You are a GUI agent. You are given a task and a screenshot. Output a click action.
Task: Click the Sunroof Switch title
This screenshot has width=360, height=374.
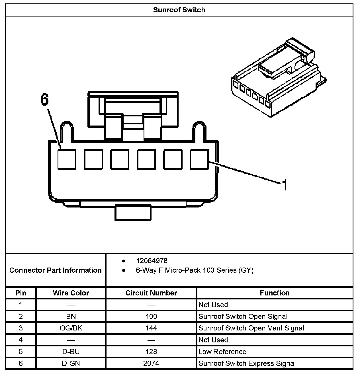coord(179,10)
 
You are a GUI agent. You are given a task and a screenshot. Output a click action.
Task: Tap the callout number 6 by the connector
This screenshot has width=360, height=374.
coord(44,100)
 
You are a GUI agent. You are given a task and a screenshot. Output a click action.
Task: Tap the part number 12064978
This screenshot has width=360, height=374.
coord(152,261)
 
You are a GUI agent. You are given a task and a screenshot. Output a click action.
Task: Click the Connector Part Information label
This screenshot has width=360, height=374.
coord(56,270)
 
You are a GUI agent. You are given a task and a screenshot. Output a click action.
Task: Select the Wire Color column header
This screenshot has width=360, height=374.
coord(71,293)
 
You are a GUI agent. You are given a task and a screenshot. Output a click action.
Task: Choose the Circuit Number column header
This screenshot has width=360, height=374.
coord(151,293)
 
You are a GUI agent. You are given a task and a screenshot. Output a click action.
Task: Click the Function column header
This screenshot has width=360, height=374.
coord(275,293)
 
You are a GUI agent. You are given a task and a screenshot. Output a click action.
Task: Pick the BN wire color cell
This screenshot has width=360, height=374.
coord(71,316)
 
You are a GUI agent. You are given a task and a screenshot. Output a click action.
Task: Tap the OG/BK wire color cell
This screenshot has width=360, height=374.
coord(71,328)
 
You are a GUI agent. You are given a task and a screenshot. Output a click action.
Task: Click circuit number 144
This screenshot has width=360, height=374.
coord(151,328)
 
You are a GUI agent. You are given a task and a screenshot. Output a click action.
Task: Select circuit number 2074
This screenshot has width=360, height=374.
coord(151,363)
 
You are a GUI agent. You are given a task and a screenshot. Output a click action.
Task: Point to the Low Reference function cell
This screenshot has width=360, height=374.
coord(222,352)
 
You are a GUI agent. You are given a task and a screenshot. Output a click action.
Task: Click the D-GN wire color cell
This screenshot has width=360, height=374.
coord(71,363)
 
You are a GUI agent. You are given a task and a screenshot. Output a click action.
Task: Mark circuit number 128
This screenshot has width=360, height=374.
coord(151,352)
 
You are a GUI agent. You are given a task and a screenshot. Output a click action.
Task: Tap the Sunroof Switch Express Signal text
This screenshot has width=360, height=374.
coord(247,363)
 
